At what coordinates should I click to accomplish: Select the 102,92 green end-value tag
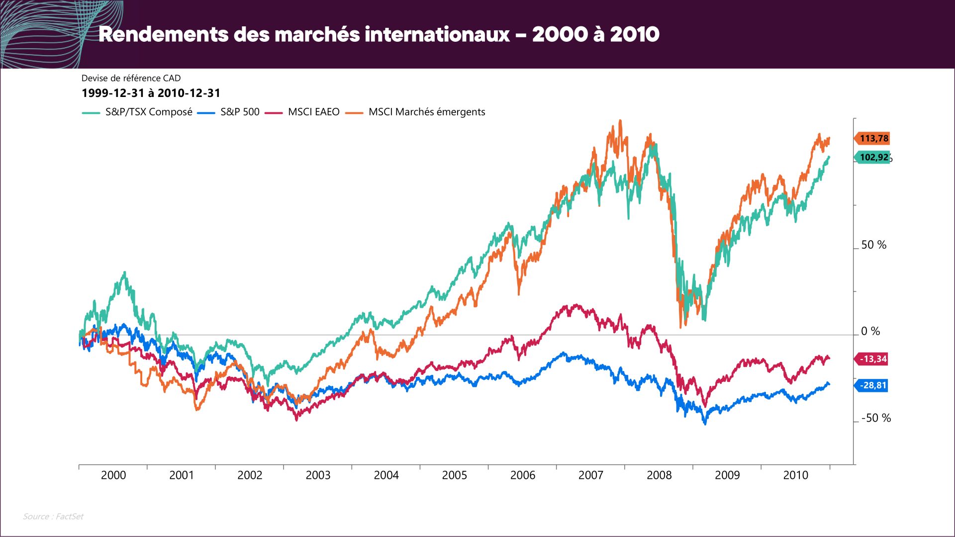pyautogui.click(x=873, y=158)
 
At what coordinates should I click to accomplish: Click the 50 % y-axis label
pyautogui.click(x=873, y=245)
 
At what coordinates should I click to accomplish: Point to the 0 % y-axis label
pyautogui.click(x=870, y=331)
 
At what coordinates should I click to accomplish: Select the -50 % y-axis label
pyautogui.click(x=876, y=418)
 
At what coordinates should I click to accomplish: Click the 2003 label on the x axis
pyautogui.click(x=318, y=475)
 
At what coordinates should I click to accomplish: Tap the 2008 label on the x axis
pyautogui.click(x=659, y=475)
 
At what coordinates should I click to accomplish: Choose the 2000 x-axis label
pyautogui.click(x=113, y=475)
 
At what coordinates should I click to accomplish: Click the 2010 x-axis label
pyautogui.click(x=795, y=475)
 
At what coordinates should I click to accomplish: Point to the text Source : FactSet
pyautogui.click(x=53, y=517)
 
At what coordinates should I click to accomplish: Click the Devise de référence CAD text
pyautogui.click(x=131, y=78)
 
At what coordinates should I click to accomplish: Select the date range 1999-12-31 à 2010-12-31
pyautogui.click(x=151, y=93)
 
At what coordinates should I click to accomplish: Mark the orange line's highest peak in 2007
pyautogui.click(x=620, y=120)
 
